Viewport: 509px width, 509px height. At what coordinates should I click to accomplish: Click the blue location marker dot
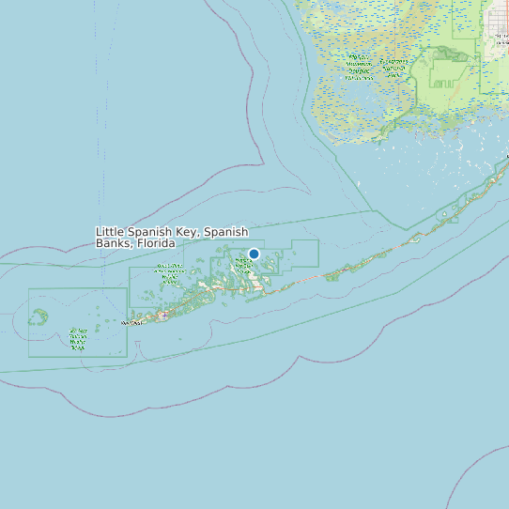[254, 254]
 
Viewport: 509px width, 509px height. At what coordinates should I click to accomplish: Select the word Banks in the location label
[113, 243]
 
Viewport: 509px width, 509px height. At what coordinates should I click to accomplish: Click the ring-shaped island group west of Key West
[39, 318]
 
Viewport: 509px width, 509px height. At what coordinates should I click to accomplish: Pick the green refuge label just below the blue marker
[242, 266]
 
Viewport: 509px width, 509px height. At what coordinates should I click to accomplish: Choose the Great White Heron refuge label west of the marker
[169, 272]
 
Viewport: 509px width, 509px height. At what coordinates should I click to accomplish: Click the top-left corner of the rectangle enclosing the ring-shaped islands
[28, 288]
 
